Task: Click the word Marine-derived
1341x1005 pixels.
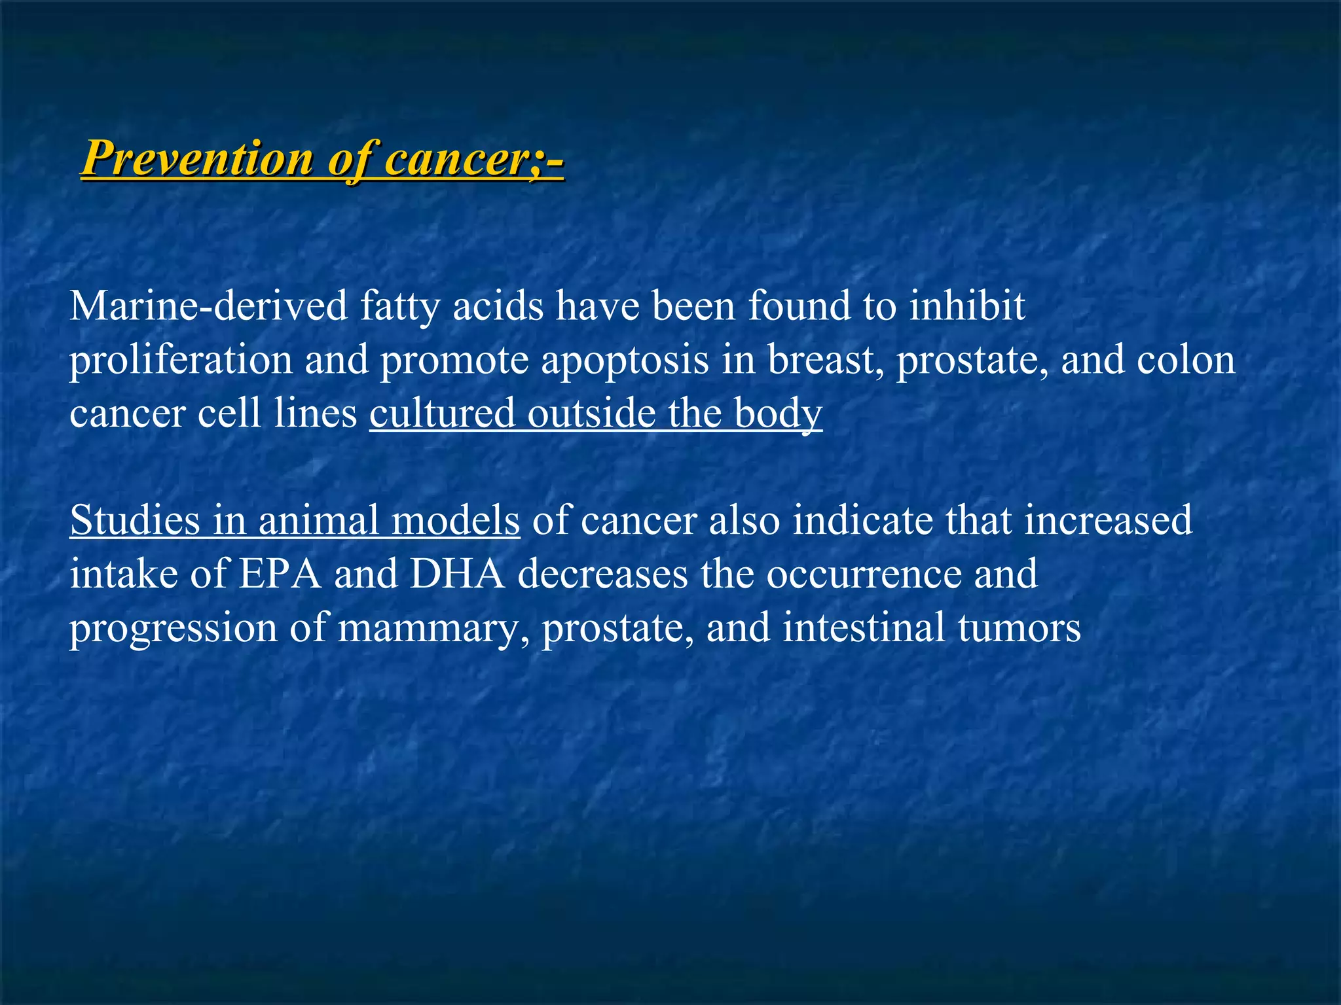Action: click(208, 306)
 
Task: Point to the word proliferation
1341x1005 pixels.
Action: click(181, 361)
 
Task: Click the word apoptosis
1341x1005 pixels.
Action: click(625, 361)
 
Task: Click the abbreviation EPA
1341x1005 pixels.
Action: click(280, 574)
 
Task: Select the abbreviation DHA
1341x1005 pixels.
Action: click(458, 574)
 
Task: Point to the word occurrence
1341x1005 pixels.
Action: click(864, 574)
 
